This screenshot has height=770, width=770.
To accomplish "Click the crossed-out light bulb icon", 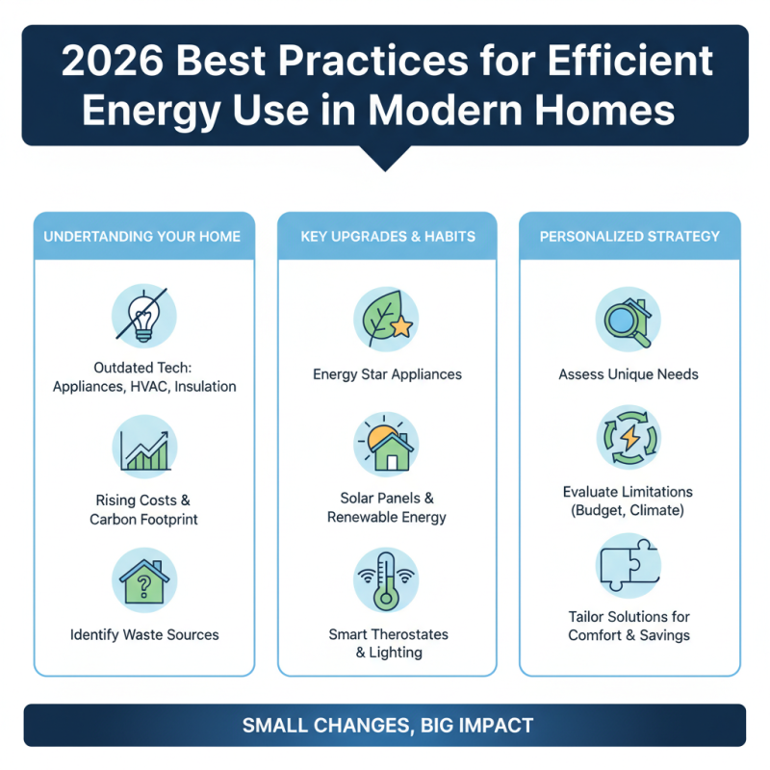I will coord(144,319).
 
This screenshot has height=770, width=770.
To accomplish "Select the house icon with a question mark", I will coord(144,579).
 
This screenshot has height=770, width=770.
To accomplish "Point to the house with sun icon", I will coord(387,446).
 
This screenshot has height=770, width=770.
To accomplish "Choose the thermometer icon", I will coord(387,578).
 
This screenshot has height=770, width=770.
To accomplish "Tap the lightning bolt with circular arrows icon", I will coord(629,439).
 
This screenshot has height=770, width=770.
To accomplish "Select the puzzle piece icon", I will coord(629,565).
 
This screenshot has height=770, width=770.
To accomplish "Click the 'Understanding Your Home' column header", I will coord(144,236).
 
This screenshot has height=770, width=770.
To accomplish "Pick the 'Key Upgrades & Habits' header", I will coord(387,236).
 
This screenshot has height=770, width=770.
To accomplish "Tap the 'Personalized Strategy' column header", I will coord(629,236).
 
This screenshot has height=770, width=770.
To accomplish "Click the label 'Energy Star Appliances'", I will coord(387,374).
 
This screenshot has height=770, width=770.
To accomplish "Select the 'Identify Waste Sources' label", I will coord(144,634).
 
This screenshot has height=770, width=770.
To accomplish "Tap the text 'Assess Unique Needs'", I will coord(629,374).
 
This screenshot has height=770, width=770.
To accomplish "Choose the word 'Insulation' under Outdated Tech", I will coord(201,386).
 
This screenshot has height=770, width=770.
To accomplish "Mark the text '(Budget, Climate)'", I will coord(629,510).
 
